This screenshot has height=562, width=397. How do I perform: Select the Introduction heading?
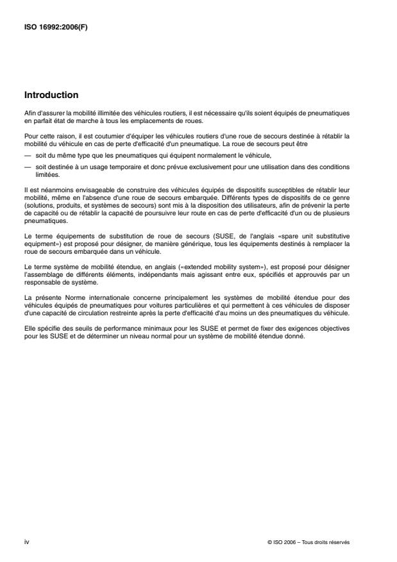coord(51,95)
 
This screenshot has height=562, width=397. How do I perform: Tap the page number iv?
coord(26,541)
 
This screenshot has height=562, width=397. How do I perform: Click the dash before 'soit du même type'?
coord(28,155)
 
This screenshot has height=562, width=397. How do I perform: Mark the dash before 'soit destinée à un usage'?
coord(28,167)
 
